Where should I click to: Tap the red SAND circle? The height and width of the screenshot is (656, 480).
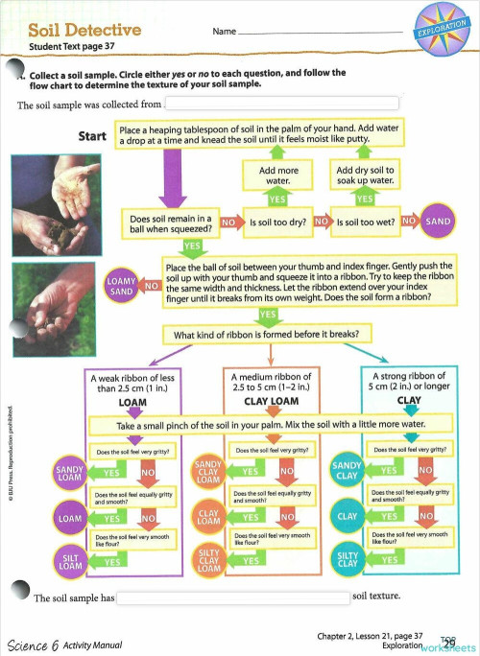pos(438,222)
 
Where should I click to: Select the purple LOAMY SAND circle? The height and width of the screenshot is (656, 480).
pos(122,285)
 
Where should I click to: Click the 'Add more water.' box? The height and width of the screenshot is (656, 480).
pos(277,175)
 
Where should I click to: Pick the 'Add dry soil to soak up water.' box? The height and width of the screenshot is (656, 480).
pos(365,175)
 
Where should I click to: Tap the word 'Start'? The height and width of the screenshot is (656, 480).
pos(92,136)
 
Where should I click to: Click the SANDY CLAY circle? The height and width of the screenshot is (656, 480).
pos(347,471)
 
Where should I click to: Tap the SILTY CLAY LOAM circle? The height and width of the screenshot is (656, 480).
pos(208,560)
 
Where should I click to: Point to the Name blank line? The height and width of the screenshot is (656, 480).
pos(317,33)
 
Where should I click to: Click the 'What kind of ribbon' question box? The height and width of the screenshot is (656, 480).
pos(268,335)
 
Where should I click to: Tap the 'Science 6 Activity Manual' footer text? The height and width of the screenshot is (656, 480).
pos(64,644)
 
